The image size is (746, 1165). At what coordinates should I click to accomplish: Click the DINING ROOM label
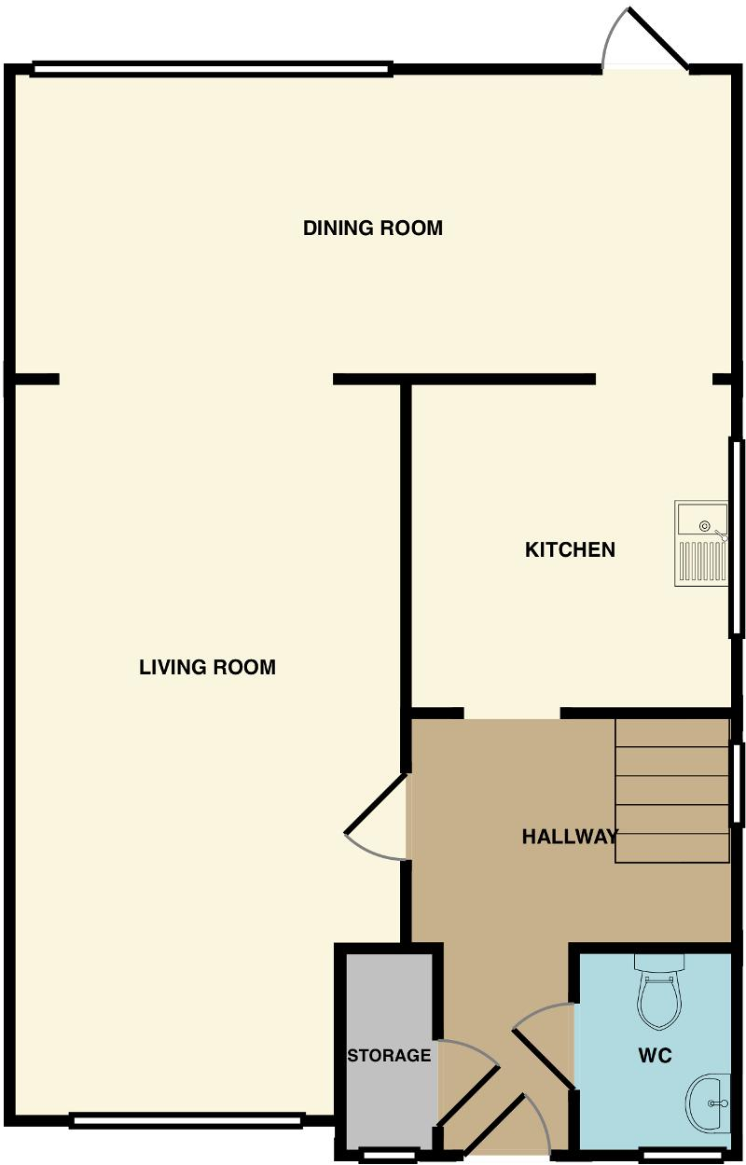click(372, 229)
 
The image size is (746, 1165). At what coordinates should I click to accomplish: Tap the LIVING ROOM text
click(207, 668)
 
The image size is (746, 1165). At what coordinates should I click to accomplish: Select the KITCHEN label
click(570, 550)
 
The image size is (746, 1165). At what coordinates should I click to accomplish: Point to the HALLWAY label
click(569, 837)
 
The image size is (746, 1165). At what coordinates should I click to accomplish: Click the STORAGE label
click(389, 1056)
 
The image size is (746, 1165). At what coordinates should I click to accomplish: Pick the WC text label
click(655, 1056)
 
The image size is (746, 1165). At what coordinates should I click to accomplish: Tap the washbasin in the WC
click(710, 1103)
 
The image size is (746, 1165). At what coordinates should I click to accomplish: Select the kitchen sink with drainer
click(702, 543)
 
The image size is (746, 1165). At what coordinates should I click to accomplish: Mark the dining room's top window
click(212, 68)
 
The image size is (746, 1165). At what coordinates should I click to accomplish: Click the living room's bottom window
click(186, 1120)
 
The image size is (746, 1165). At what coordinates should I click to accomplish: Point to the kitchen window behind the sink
click(736, 538)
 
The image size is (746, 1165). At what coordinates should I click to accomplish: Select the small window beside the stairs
click(737, 784)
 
